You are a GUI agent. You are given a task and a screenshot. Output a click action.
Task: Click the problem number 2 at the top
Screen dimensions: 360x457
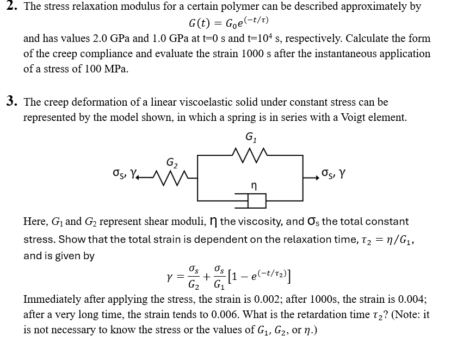pos(10,7)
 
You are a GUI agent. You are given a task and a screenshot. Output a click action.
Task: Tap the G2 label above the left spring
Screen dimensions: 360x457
pos(172,161)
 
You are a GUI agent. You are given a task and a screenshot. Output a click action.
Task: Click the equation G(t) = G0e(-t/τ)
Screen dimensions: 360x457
pos(228,23)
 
